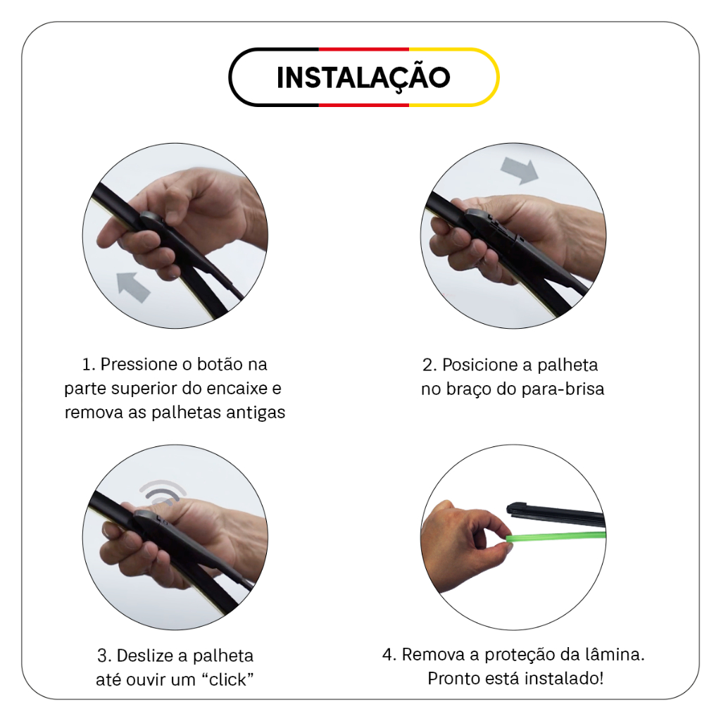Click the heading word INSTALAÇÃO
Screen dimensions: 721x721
click(363, 77)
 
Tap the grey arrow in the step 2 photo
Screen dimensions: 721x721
click(520, 170)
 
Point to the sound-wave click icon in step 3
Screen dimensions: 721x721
click(163, 492)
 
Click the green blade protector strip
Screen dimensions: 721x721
click(556, 537)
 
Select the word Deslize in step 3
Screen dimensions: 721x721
click(147, 656)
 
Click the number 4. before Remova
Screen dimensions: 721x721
click(389, 655)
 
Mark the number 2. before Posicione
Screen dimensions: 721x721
click(430, 365)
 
